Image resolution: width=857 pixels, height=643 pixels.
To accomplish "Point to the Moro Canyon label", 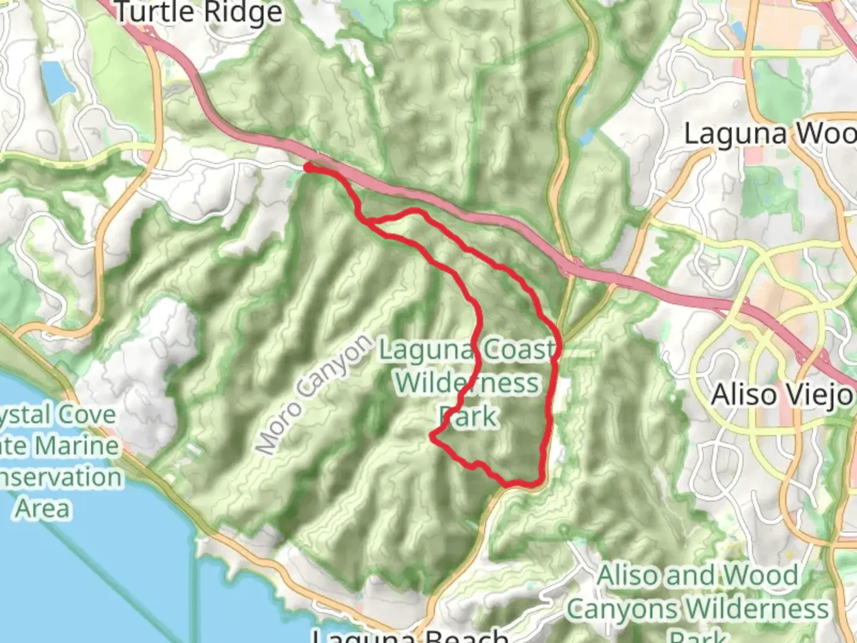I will [x=314, y=395].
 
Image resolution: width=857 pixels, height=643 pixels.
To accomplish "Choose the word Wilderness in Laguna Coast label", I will [x=467, y=383].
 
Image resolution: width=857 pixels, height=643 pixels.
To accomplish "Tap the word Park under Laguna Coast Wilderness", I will [x=468, y=417].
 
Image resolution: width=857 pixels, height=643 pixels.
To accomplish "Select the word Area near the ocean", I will [x=42, y=509].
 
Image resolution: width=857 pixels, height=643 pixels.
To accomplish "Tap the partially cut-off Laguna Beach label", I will [x=411, y=635].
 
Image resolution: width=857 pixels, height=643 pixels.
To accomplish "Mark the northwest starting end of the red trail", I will [x=308, y=168].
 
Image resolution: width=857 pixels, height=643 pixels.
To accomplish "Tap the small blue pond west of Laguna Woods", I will [x=586, y=138].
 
